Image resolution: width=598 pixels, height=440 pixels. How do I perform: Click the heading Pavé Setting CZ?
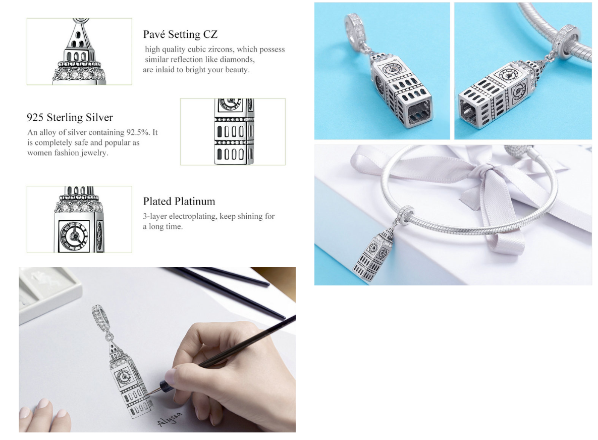coord(180,34)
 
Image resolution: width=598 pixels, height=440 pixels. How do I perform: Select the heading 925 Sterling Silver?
coord(70,118)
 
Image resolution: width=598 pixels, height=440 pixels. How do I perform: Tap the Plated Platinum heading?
coord(179,201)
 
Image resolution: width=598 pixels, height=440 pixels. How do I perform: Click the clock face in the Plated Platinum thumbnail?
coord(74,236)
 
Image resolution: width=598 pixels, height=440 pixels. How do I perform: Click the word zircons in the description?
coord(221,50)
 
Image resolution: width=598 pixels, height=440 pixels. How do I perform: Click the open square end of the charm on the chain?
coord(469,110)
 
